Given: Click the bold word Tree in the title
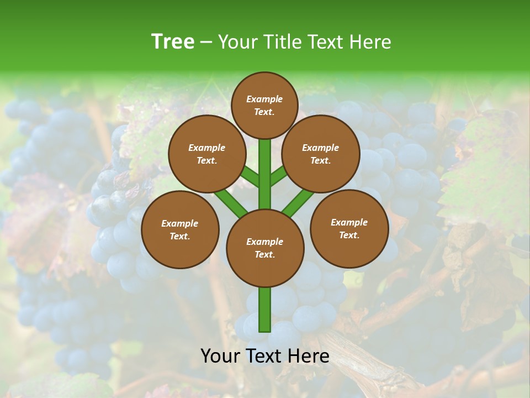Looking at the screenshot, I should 173,42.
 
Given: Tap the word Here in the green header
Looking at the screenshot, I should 372,42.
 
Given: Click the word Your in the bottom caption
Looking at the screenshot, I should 220,356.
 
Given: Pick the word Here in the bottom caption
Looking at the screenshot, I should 309,356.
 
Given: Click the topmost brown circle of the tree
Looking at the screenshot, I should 264,105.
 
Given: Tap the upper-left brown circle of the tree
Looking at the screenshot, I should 207,154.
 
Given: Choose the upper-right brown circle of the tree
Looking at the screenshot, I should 321,154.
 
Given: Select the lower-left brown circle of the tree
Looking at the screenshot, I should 180,229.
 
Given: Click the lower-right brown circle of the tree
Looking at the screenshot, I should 349,228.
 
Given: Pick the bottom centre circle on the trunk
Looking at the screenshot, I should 265,248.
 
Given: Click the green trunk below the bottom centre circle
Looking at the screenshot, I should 265,310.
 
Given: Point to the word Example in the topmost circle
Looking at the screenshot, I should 264,99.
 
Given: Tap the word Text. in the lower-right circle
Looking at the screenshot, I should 349,235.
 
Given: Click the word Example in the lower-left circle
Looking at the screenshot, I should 180,224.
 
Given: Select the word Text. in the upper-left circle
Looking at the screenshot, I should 207,161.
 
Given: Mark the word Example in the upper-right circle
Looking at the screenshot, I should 321,148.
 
